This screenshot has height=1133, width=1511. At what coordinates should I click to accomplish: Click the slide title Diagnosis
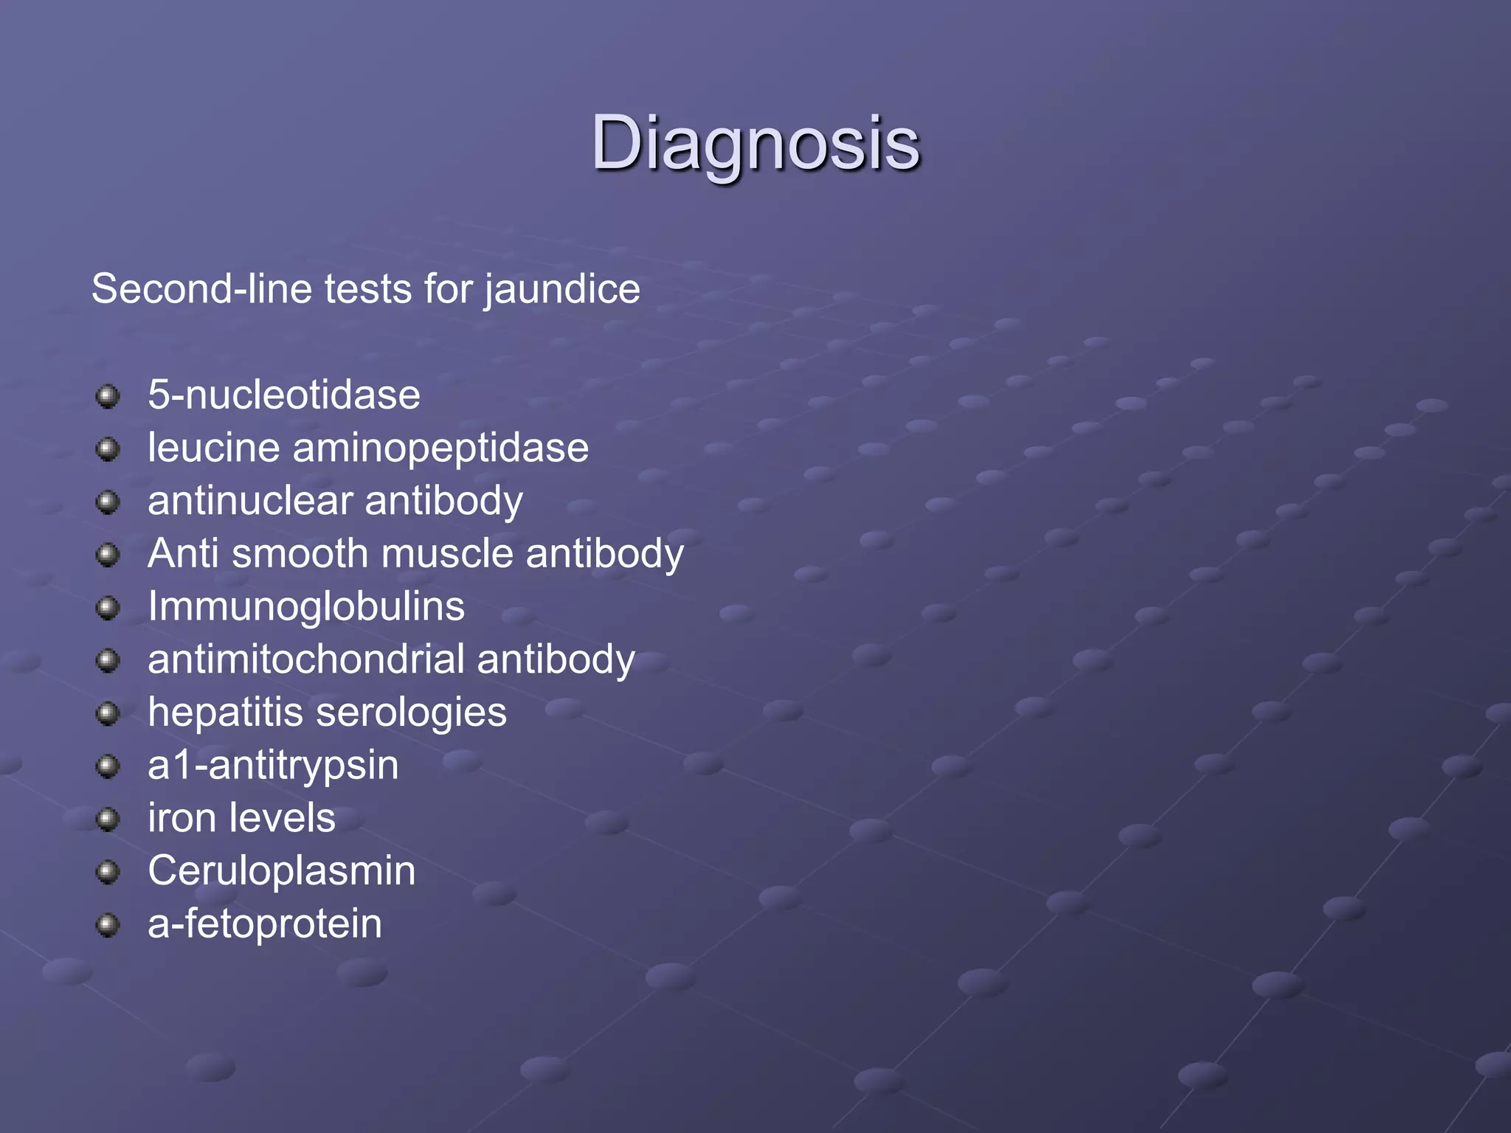(755, 144)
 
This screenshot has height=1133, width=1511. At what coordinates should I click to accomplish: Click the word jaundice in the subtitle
(562, 289)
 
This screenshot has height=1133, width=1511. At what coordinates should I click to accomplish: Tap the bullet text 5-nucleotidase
(284, 395)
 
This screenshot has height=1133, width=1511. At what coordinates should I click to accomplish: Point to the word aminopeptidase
(440, 448)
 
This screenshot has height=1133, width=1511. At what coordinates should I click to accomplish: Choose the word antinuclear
(250, 501)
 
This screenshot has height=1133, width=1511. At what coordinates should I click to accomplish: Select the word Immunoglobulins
(306, 606)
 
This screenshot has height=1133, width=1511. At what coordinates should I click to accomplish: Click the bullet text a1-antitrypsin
(273, 766)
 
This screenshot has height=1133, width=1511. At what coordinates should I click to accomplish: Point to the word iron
(181, 818)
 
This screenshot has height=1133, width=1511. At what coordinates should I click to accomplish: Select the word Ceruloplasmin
(282, 871)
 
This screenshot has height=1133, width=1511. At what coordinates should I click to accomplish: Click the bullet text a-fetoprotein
(265, 924)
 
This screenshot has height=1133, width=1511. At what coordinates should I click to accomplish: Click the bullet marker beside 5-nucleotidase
(108, 396)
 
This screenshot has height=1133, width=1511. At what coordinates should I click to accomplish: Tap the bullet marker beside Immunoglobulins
(108, 608)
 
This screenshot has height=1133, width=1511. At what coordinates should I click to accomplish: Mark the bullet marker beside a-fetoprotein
(108, 925)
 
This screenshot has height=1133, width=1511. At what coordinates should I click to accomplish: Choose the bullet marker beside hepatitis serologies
(108, 713)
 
